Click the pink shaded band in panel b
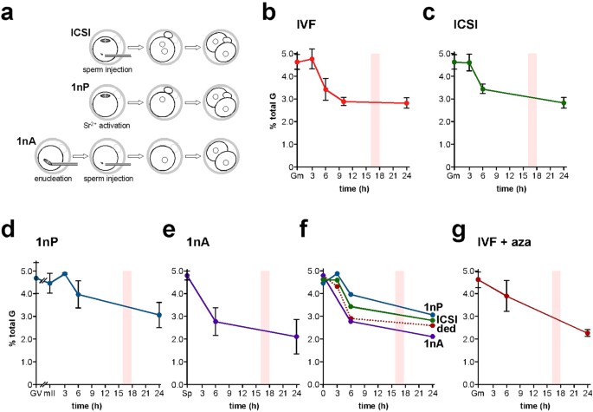pyautogui.click(x=376, y=95)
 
